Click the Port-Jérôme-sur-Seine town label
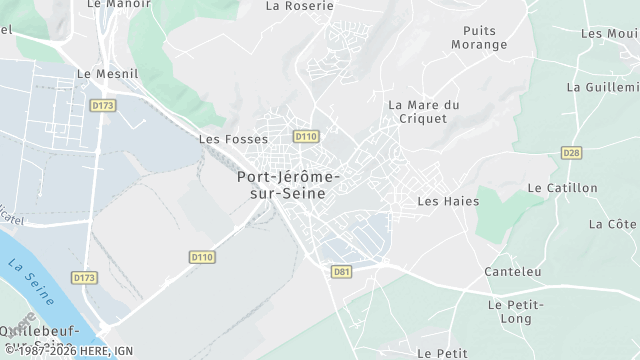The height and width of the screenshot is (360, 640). pyautogui.click(x=287, y=185)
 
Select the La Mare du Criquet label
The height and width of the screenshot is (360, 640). pyautogui.click(x=423, y=111)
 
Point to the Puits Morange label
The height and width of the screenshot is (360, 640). pyautogui.click(x=479, y=38)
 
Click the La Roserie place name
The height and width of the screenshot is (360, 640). pyautogui.click(x=299, y=5)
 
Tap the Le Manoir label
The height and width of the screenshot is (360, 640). pyautogui.click(x=111, y=4)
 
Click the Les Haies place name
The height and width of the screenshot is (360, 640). pyautogui.click(x=448, y=201)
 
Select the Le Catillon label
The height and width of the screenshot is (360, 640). pyautogui.click(x=562, y=188)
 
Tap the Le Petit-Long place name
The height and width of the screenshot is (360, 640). pyautogui.click(x=515, y=311)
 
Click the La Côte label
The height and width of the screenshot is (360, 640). pyautogui.click(x=613, y=224)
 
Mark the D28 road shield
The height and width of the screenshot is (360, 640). pyautogui.click(x=571, y=153)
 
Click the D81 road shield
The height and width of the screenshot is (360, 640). pyautogui.click(x=342, y=271)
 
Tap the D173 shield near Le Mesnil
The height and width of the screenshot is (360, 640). pyautogui.click(x=100, y=104)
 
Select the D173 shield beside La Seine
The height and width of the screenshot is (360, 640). pyautogui.click(x=85, y=277)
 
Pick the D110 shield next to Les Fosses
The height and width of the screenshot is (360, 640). pyautogui.click(x=305, y=136)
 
